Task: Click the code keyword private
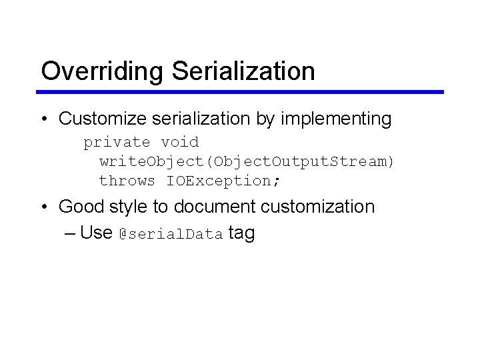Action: [117, 142]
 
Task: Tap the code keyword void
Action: [179, 142]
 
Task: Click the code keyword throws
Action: [127, 181]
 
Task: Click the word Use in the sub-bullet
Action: [95, 233]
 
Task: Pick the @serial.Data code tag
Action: [170, 234]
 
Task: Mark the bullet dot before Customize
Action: [44, 120]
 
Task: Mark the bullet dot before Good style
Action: [44, 207]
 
